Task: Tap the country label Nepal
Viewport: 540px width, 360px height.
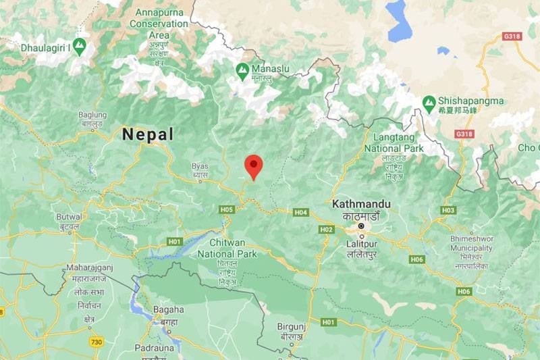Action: coord(148,134)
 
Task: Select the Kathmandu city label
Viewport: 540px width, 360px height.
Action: coord(361,203)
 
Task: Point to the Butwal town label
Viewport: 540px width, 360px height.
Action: coord(69,217)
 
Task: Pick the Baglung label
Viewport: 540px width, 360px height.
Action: coord(92,115)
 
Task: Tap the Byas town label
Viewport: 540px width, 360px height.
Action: coord(200,165)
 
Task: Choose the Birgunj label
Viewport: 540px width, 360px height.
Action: coord(292,327)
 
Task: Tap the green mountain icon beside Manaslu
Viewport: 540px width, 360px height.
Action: coord(242,69)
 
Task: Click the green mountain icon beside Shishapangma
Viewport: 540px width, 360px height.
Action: coord(429,101)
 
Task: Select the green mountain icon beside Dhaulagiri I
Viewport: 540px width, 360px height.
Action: coord(80,46)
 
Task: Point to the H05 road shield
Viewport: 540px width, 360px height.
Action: coord(226,209)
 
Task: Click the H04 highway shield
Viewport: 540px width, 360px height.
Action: coord(300,212)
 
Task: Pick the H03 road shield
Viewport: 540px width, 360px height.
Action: coord(448,210)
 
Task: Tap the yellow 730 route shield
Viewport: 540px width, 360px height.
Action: coord(97,342)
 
